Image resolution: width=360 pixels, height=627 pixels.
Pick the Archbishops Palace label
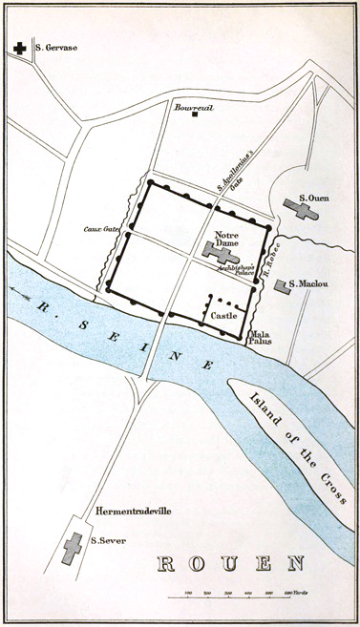[234, 268]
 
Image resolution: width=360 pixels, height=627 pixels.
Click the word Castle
[224, 313]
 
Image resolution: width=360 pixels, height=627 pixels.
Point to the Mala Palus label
[262, 340]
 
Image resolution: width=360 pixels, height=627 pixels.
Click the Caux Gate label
[99, 229]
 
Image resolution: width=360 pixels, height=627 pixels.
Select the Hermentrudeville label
[133, 512]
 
